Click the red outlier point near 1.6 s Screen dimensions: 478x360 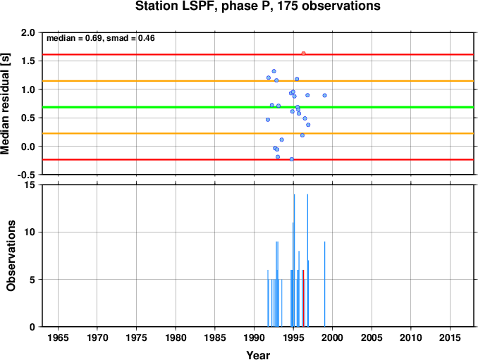[303, 54]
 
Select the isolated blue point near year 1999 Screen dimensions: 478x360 [325, 95]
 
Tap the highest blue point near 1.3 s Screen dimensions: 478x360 [274, 71]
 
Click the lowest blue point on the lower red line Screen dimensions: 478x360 [291, 159]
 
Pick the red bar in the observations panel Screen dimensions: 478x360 [304, 298]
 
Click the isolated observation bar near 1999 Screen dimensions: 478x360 [325, 284]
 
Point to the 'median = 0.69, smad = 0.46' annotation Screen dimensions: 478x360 [101, 38]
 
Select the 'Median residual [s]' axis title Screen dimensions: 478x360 [6, 104]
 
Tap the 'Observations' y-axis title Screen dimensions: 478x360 [11, 256]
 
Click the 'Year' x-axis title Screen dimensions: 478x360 [258, 355]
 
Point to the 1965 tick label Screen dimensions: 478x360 [58, 337]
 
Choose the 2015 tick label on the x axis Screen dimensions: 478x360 [450, 337]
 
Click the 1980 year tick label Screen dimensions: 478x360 [176, 337]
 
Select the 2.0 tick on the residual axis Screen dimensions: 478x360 [27, 32]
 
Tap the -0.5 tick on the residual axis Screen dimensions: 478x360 [26, 175]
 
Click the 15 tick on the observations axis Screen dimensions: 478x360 [30, 185]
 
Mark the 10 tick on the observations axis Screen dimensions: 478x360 [30, 232]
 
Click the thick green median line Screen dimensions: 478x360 [258, 107]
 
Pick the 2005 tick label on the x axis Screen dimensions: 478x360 [372, 337]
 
